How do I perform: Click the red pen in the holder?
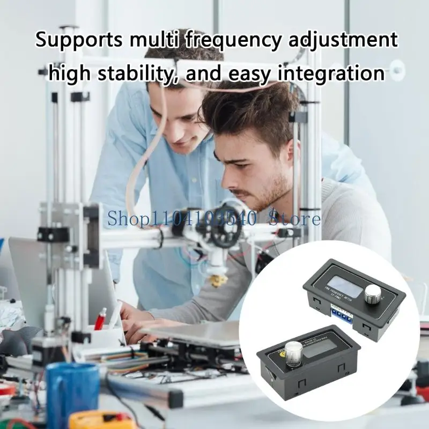click(100, 319)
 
